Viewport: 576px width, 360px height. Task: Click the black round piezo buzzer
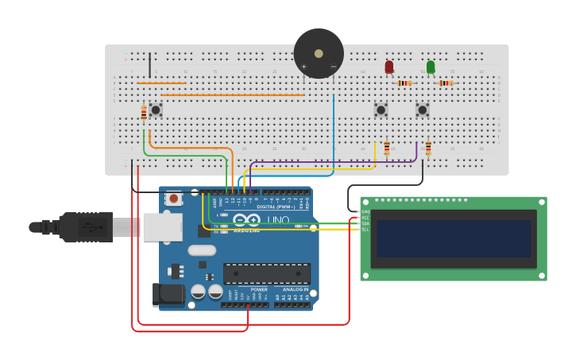click(319, 53)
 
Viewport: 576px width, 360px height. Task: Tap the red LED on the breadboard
click(389, 68)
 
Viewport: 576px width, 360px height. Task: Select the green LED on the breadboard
click(431, 68)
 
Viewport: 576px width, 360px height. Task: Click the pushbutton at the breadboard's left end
click(156, 110)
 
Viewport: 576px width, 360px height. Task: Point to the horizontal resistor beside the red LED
click(405, 83)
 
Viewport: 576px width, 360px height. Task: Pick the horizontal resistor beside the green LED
click(446, 83)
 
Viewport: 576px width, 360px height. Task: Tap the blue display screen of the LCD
click(453, 238)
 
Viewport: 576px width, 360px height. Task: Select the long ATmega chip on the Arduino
click(267, 273)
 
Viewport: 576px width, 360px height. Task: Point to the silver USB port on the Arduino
click(163, 227)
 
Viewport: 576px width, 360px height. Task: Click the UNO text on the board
click(277, 220)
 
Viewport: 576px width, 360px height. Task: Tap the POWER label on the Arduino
click(259, 289)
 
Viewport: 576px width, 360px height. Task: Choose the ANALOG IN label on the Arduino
click(296, 289)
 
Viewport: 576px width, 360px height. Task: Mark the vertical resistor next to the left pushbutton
click(144, 114)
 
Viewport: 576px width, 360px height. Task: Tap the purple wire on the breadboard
click(334, 163)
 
